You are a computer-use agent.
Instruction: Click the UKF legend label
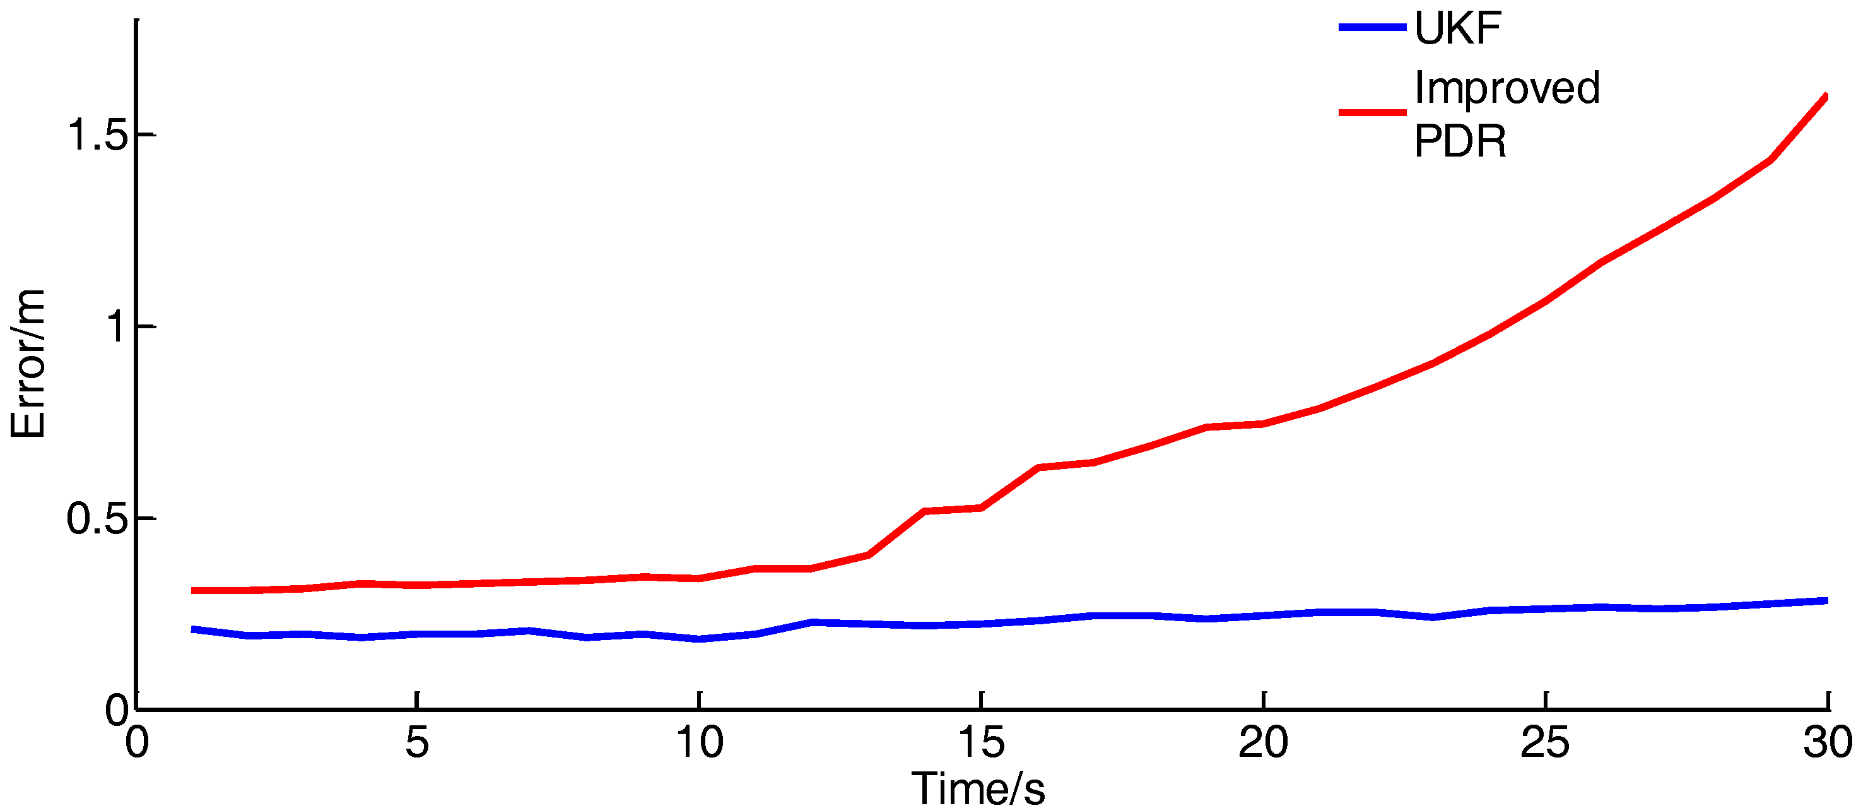pos(1457,29)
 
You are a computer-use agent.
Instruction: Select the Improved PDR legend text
pos(1506,113)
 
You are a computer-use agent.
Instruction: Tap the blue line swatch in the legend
pos(1372,27)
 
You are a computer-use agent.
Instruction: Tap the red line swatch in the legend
pos(1372,112)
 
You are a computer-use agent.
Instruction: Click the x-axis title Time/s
pos(978,788)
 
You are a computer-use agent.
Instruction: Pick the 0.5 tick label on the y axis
pos(97,518)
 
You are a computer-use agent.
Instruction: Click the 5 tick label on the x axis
pos(417,742)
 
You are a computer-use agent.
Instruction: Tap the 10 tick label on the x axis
pos(699,742)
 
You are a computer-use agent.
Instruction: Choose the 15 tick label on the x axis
pos(980,742)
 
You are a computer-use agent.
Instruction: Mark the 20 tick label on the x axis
pos(1263,742)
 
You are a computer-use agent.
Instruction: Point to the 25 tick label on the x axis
pos(1545,742)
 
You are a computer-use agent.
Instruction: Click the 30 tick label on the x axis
pos(1827,742)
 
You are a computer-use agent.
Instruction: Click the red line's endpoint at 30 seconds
pos(1826,96)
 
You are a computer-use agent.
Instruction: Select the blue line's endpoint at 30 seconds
pos(1826,600)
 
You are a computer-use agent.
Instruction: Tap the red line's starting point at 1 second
pos(192,590)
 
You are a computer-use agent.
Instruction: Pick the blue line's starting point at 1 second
pos(192,629)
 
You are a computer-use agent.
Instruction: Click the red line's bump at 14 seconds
pos(924,511)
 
